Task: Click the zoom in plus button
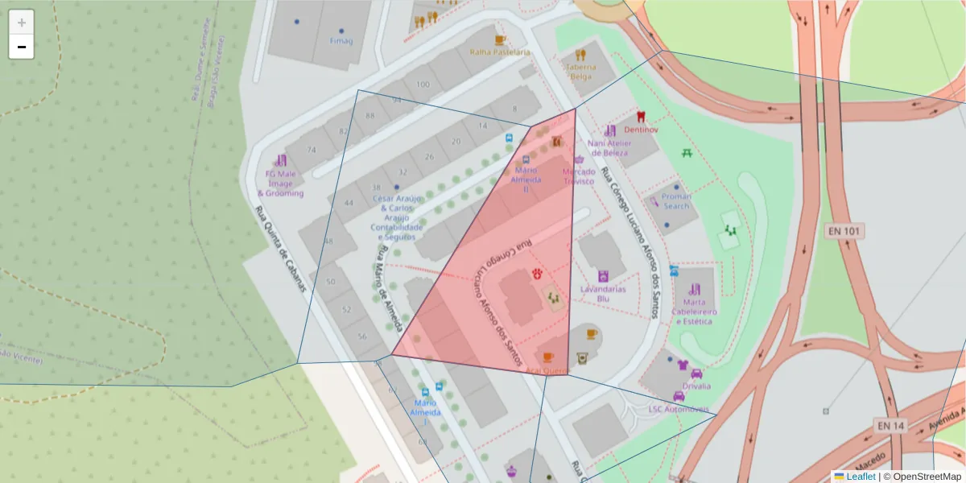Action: pyautogui.click(x=22, y=23)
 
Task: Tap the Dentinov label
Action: pyautogui.click(x=641, y=130)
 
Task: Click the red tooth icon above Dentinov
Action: pyautogui.click(x=642, y=117)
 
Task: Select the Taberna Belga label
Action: pyautogui.click(x=580, y=72)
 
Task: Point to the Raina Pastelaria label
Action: pyautogui.click(x=500, y=52)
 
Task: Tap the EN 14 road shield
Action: pyautogui.click(x=891, y=425)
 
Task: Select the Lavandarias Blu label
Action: pyautogui.click(x=603, y=293)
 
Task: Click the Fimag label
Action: pyautogui.click(x=341, y=41)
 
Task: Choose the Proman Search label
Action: pyautogui.click(x=676, y=201)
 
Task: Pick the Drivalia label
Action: pyautogui.click(x=696, y=386)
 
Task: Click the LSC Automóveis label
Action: pyautogui.click(x=679, y=409)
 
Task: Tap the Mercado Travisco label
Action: pyautogui.click(x=579, y=176)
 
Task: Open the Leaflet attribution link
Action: pyautogui.click(x=861, y=477)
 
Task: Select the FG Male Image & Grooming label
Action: pyautogui.click(x=281, y=184)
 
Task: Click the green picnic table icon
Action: pyautogui.click(x=687, y=152)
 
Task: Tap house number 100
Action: pyautogui.click(x=423, y=84)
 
